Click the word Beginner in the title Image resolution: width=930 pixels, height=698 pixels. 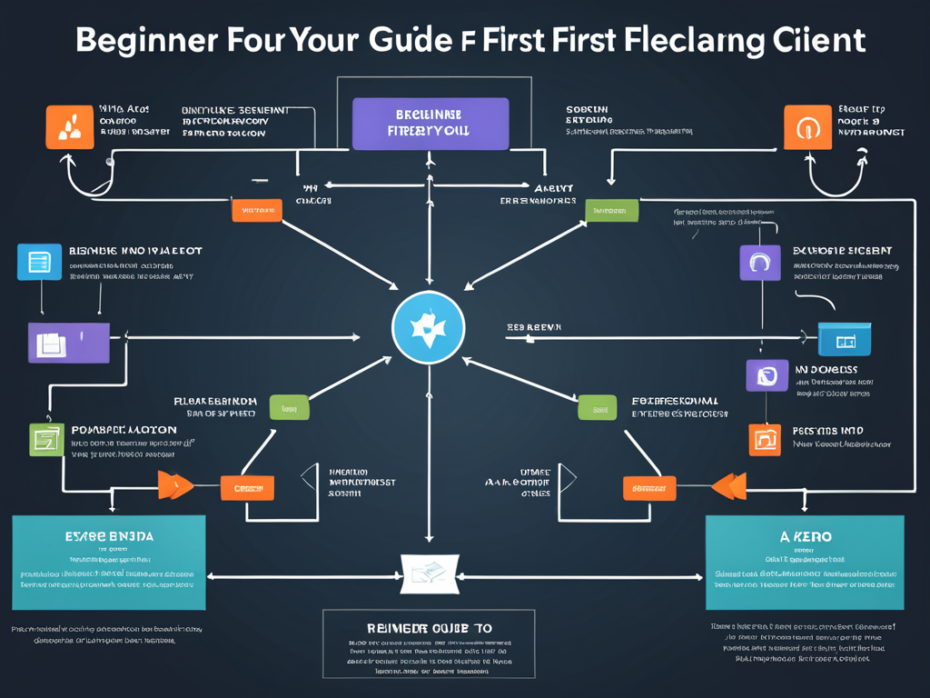(x=144, y=41)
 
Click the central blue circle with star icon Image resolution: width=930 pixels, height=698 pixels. (x=428, y=328)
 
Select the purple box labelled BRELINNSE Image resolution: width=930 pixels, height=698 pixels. (x=430, y=124)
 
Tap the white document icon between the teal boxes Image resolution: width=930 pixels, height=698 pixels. (x=427, y=571)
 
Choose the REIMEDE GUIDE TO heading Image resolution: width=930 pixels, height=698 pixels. (x=429, y=628)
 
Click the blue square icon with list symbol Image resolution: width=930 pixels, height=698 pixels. (x=40, y=262)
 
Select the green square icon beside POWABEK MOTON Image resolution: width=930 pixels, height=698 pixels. (x=45, y=440)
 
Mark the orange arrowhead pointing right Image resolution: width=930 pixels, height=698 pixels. (x=175, y=485)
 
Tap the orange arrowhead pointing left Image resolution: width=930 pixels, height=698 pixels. (x=729, y=486)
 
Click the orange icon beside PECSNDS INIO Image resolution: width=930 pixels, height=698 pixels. (x=764, y=439)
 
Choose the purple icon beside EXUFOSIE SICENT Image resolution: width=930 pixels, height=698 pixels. (x=759, y=262)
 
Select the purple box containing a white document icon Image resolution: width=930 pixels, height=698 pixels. (x=68, y=343)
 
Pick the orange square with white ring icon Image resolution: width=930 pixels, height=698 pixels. (x=807, y=126)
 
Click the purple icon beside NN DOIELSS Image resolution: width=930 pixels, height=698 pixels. (x=767, y=374)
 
